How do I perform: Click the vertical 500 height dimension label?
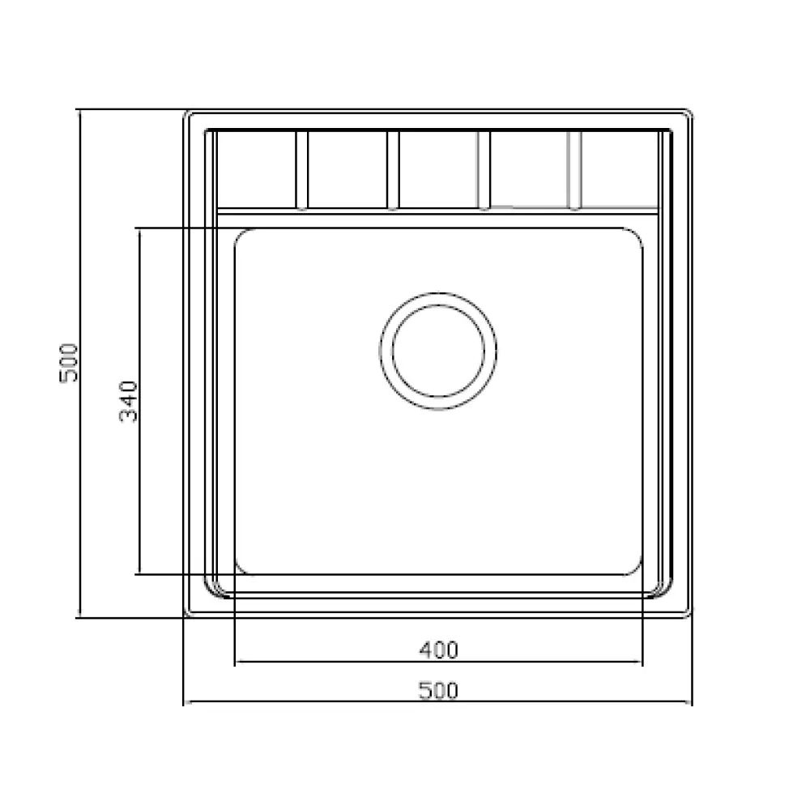(x=69, y=363)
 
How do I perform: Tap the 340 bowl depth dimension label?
(x=128, y=402)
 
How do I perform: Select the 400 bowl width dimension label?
(x=438, y=650)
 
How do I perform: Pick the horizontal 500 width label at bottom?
(x=438, y=691)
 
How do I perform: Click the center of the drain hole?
(x=438, y=352)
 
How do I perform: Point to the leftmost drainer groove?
(x=301, y=171)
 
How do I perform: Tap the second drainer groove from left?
(x=393, y=171)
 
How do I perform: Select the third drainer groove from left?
(x=484, y=171)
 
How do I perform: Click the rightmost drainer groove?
(x=574, y=171)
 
